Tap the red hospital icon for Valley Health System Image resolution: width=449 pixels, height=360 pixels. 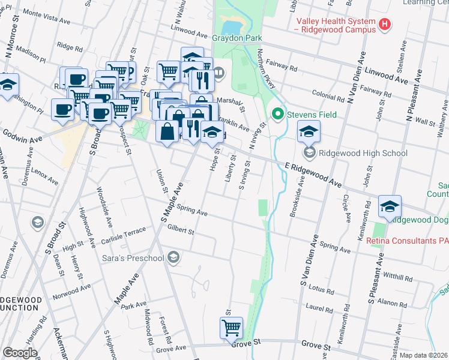point(385,25)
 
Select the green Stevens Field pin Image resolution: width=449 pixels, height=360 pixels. point(277,113)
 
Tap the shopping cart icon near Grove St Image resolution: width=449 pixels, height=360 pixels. point(231,328)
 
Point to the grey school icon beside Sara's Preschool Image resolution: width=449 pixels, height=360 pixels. point(173,257)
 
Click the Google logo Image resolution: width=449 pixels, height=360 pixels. point(20,352)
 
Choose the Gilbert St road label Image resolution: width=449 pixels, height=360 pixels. point(181,230)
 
